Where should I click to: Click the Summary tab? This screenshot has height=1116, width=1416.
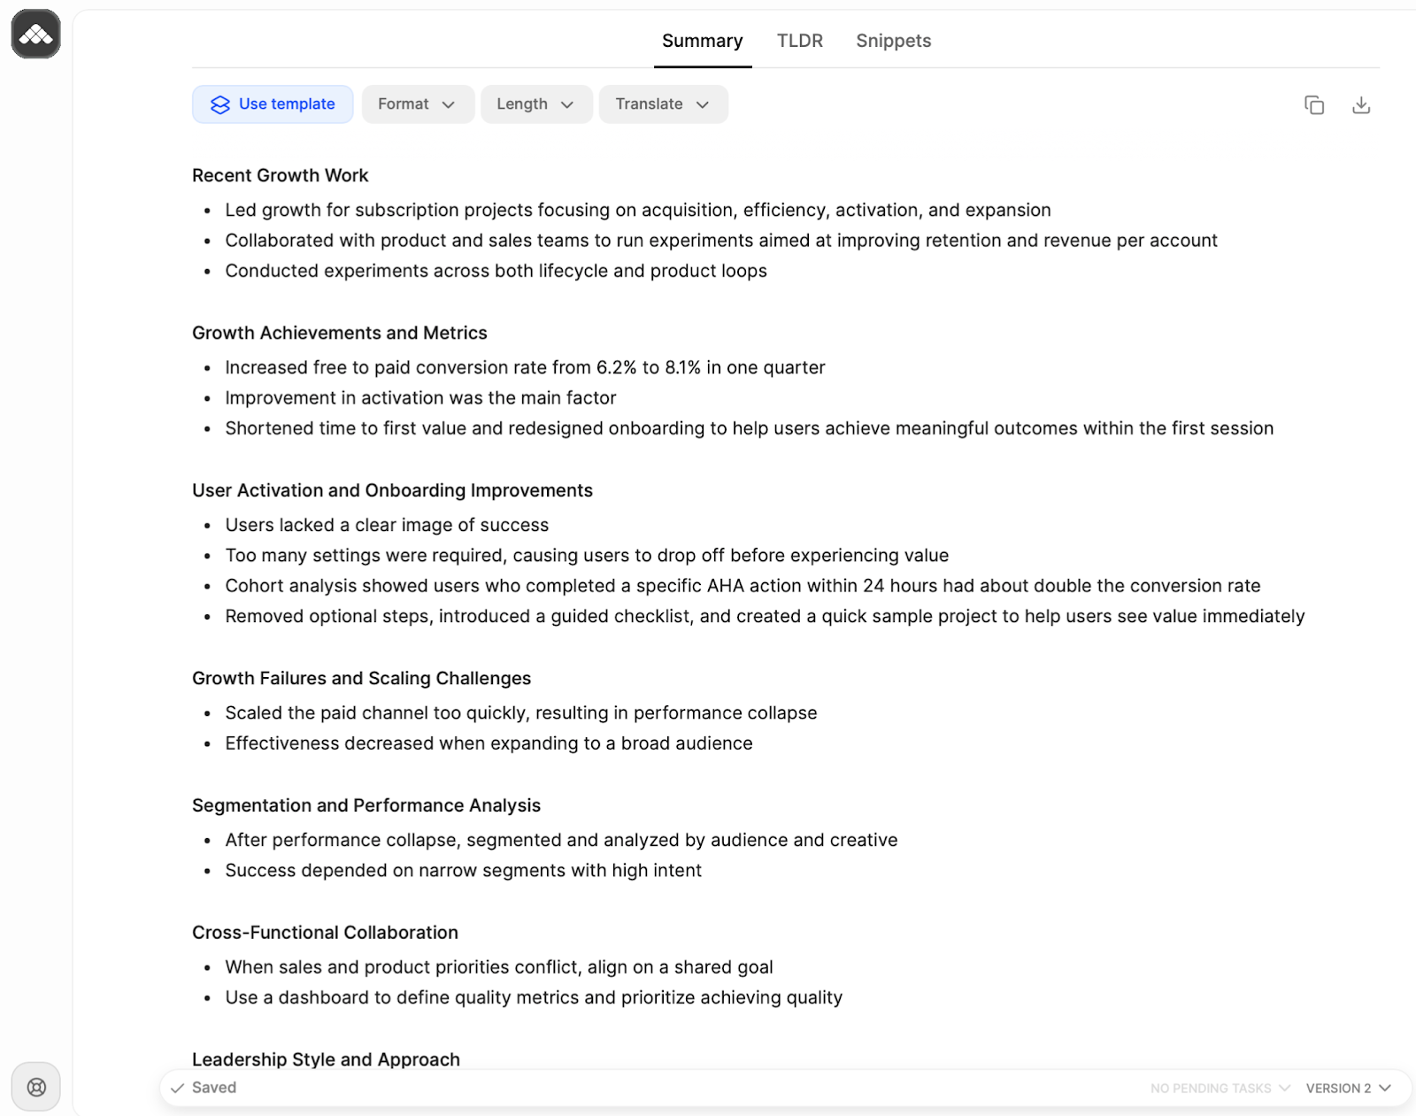click(702, 41)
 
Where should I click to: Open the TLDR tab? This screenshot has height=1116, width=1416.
click(799, 41)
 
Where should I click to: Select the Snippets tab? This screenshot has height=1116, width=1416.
click(893, 41)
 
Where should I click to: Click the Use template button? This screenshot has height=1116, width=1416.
click(273, 104)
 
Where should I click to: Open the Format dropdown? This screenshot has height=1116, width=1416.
click(417, 104)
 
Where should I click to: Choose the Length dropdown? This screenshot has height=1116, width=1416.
click(535, 104)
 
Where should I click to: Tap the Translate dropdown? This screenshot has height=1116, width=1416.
click(663, 104)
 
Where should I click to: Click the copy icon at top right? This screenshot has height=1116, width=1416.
click(1314, 105)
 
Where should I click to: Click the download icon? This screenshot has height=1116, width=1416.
click(1361, 105)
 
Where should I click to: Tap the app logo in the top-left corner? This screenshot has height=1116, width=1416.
click(36, 35)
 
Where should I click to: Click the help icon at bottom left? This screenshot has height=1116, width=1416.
click(36, 1087)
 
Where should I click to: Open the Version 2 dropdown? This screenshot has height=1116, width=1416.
click(1348, 1088)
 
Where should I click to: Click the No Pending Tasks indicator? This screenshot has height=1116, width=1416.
click(1220, 1088)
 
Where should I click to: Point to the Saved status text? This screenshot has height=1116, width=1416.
click(214, 1088)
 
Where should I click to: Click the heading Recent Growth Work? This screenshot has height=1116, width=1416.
click(280, 175)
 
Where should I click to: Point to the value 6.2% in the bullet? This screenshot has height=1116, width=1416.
click(616, 367)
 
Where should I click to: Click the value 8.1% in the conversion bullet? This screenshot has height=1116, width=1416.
click(682, 367)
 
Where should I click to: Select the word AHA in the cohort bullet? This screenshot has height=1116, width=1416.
click(725, 586)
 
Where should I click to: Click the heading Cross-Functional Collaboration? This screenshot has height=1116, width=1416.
click(325, 933)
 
